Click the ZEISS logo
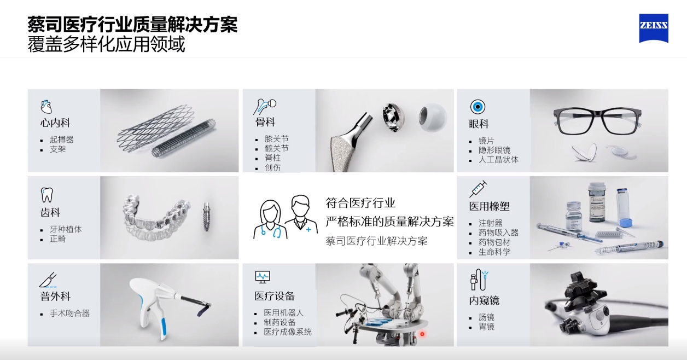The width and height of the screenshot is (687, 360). coord(653,28)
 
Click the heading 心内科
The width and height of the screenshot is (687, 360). coord(55,123)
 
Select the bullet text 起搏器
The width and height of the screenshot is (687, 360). coord(61,140)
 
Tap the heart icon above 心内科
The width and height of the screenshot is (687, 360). coord(46,106)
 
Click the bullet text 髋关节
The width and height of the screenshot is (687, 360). coord(276,148)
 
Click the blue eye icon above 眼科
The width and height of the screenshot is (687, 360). coord(478,107)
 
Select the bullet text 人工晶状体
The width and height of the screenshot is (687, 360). coord(498,160)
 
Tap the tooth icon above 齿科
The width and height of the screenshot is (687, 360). coord(47,194)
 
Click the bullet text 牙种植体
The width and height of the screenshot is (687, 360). coord(66,229)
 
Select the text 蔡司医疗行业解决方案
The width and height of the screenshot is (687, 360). coord(376,241)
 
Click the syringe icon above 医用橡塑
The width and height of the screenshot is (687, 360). coord(478,189)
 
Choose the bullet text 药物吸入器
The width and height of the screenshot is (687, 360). coord(498,233)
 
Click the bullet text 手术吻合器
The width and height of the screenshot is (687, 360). coord(69,313)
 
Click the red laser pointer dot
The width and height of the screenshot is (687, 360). coord(422,334)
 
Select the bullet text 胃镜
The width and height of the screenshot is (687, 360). coord(486,327)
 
